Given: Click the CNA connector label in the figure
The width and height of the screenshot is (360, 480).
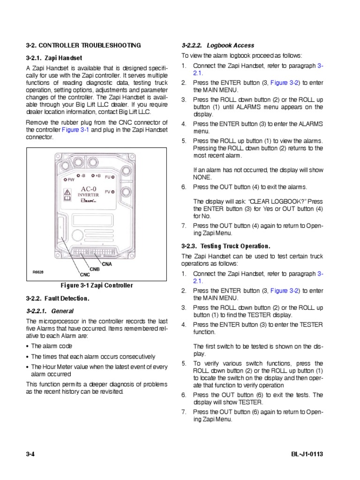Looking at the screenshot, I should [x=107, y=264].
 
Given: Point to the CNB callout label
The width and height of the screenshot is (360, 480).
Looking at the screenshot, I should [x=95, y=270].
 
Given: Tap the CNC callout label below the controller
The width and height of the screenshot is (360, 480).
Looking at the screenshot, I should [x=84, y=275].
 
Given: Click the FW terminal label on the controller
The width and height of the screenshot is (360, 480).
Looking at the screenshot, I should [x=71, y=180].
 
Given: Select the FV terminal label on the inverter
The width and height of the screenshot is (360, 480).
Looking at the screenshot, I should [x=107, y=191].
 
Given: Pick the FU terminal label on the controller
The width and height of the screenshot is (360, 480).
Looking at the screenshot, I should [x=107, y=177].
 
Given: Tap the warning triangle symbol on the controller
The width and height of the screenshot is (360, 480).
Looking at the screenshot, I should [x=67, y=193].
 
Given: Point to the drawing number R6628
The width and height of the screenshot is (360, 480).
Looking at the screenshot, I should [x=38, y=272].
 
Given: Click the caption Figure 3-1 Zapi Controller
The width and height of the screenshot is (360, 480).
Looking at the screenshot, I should [x=97, y=285].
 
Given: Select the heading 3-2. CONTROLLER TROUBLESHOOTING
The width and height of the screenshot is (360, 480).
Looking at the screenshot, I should [x=83, y=45].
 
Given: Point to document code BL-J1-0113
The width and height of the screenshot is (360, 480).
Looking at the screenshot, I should [x=307, y=455].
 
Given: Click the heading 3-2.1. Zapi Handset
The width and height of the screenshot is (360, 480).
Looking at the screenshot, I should [x=54, y=58].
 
